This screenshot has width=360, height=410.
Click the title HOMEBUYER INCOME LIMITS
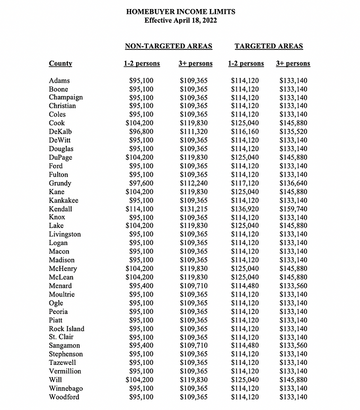(x=180, y=11)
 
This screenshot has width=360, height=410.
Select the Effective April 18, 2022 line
(x=180, y=20)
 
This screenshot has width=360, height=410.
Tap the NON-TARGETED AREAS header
(x=168, y=46)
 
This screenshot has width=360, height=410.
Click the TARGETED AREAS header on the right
(x=269, y=46)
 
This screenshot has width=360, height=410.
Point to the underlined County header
(x=60, y=64)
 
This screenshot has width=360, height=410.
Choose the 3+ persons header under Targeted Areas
(x=293, y=64)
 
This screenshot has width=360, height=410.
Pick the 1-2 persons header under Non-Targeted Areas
(x=142, y=64)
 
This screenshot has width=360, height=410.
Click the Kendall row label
(x=61, y=208)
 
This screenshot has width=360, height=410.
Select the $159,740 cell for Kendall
(x=293, y=208)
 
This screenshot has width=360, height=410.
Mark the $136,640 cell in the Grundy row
(x=293, y=183)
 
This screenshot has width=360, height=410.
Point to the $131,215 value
(x=196, y=208)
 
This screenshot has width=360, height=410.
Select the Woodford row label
(x=65, y=397)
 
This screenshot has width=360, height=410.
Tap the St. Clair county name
(x=62, y=337)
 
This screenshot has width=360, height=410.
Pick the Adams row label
(x=59, y=81)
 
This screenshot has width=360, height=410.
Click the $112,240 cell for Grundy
(x=196, y=183)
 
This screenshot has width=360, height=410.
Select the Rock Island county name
(x=66, y=328)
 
